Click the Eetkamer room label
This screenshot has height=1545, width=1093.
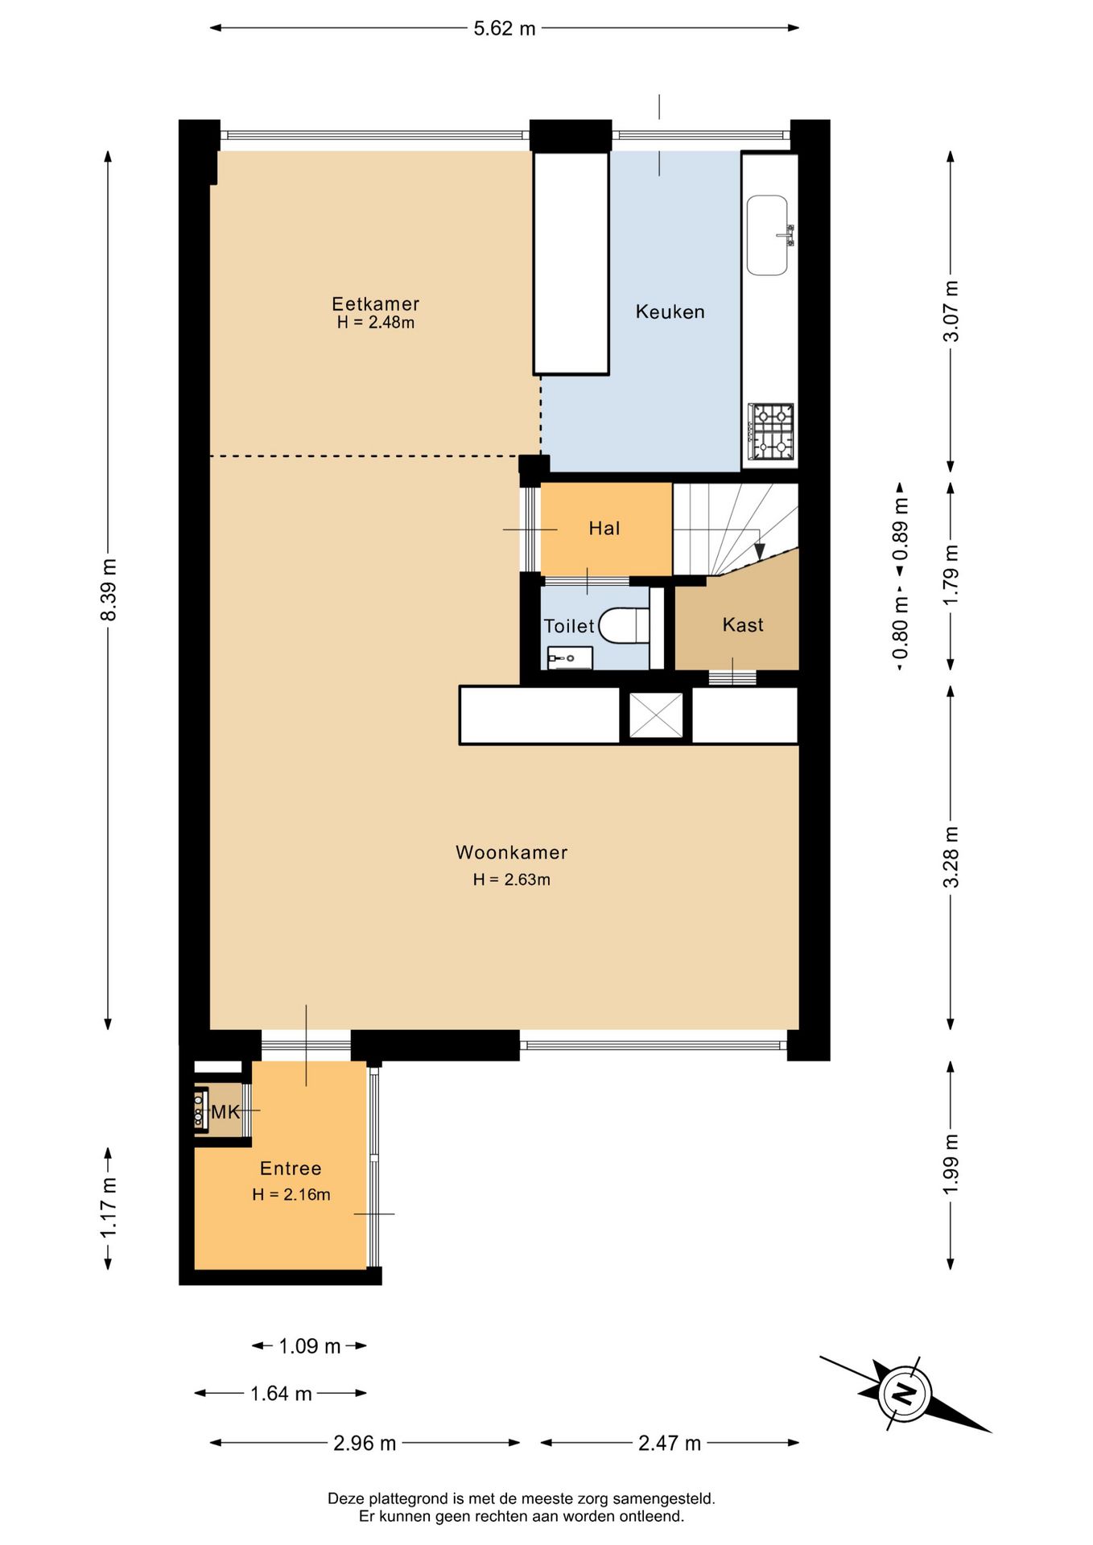click(x=375, y=303)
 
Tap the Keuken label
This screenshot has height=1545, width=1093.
click(x=670, y=311)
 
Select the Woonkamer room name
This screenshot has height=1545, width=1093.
click(x=511, y=852)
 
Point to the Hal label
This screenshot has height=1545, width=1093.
click(x=604, y=528)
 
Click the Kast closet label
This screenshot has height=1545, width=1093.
click(x=742, y=624)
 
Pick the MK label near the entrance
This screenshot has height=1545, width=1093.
click(x=225, y=1112)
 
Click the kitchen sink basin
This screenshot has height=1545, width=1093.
click(x=767, y=235)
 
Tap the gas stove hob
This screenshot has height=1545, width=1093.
click(x=771, y=431)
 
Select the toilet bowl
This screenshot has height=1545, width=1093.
click(x=625, y=625)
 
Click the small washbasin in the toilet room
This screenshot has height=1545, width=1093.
click(x=570, y=657)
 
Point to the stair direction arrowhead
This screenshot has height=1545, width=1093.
click(x=759, y=551)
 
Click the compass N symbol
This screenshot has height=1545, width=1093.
click(x=906, y=1394)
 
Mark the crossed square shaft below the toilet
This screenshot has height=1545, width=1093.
click(x=656, y=715)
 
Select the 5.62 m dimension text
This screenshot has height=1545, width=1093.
click(x=504, y=28)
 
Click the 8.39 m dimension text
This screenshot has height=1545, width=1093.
click(x=109, y=590)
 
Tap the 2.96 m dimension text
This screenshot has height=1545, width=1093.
click(x=365, y=1443)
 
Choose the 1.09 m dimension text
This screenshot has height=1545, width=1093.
click(x=310, y=1345)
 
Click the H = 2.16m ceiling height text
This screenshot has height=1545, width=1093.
click(x=291, y=1194)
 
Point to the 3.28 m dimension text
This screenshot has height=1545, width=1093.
click(x=951, y=856)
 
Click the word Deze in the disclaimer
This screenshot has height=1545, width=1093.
click(x=346, y=1498)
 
